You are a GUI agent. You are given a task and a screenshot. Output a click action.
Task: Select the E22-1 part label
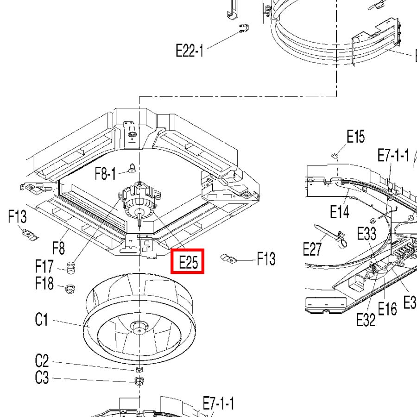tap(190, 51)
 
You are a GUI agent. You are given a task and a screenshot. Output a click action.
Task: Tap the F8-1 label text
tap(105, 173)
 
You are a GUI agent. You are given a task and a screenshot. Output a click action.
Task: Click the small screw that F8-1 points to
tap(132, 168)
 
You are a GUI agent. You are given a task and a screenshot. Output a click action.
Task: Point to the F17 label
tap(44, 266)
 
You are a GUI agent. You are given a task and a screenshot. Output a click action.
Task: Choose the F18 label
tap(44, 283)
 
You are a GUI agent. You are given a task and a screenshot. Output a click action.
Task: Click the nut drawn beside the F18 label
tap(70, 289)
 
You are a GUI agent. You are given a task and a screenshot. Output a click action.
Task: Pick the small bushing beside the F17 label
tap(70, 268)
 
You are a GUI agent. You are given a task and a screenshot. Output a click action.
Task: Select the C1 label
tap(42, 319)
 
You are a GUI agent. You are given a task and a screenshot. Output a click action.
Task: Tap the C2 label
tap(42, 361)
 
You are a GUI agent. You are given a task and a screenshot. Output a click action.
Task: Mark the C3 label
tap(42, 378)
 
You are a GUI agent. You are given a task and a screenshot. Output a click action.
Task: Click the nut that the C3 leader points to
tap(139, 381)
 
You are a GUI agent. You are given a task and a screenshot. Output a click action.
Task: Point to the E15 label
tap(355, 136)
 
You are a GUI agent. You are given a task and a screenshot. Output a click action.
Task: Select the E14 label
tap(340, 212)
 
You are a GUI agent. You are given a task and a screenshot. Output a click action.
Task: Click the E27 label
tap(312, 249)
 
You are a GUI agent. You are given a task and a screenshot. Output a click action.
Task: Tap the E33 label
tap(366, 234)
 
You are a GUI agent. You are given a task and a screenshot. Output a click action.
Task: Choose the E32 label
tap(366, 320)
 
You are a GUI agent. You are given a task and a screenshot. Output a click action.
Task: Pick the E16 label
tap(387, 309)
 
